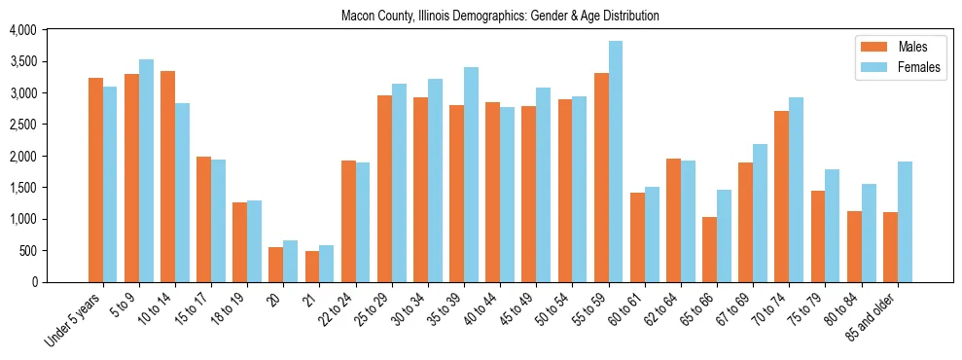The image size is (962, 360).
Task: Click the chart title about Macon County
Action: pyautogui.click(x=500, y=17)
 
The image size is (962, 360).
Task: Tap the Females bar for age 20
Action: pyautogui.click(x=291, y=262)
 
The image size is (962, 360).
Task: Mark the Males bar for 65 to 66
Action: pyautogui.click(x=709, y=249)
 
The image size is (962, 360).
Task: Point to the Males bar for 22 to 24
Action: pyautogui.click(x=348, y=221)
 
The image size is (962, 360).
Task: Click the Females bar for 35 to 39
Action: pyautogui.click(x=471, y=175)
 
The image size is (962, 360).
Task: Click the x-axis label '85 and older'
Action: pyautogui.click(x=873, y=316)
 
